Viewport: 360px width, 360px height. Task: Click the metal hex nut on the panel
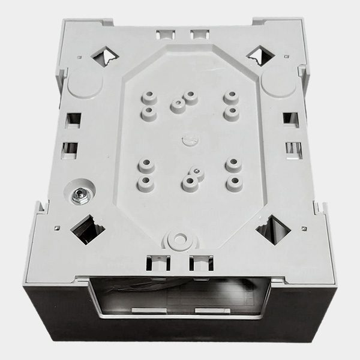point(78,194)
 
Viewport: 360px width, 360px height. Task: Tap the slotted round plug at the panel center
point(187,141)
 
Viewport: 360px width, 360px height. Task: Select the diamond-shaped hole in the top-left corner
point(104,56)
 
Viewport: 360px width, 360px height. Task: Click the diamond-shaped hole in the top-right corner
point(260,56)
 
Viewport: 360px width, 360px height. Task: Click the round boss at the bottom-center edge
point(177,239)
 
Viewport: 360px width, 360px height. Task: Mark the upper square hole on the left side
point(73,119)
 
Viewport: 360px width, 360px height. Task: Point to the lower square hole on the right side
point(293,148)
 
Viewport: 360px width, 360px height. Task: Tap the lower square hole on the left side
point(70,148)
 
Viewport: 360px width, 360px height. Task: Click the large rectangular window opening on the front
point(180,297)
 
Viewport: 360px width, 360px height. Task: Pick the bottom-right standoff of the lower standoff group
point(235,183)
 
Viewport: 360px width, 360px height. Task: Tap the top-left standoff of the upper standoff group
point(148,97)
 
